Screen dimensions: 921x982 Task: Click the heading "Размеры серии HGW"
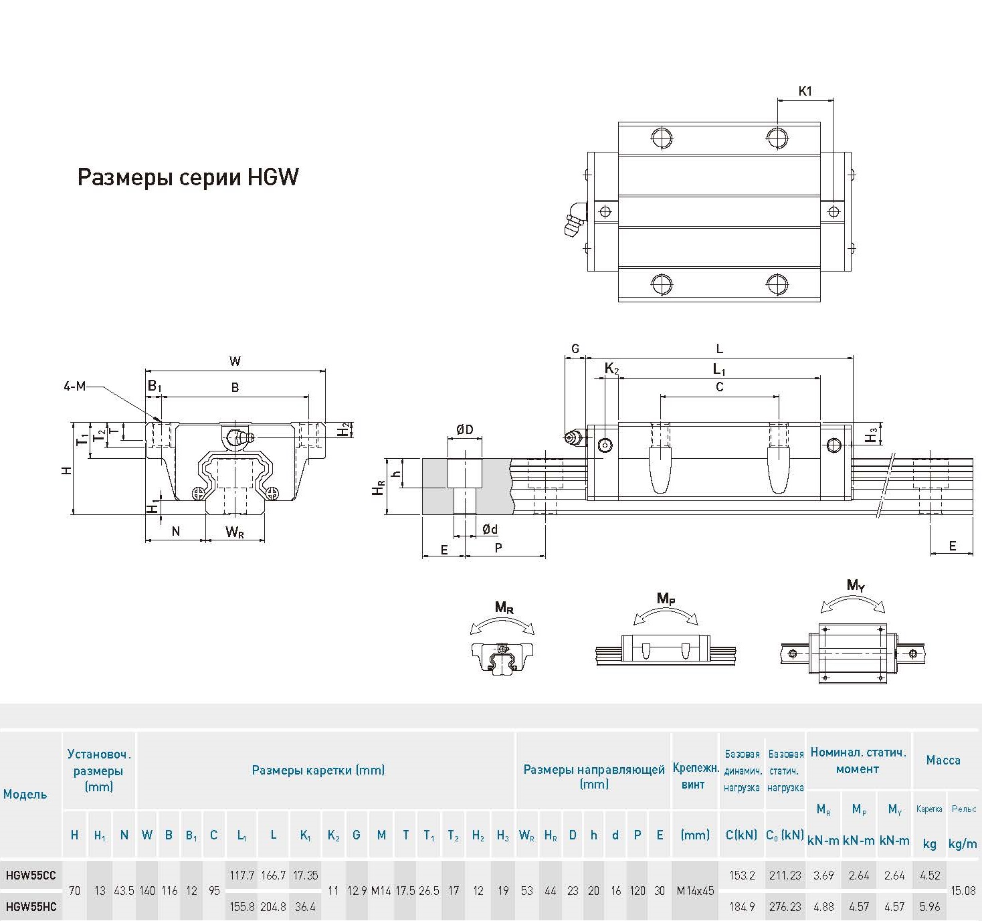coord(188,177)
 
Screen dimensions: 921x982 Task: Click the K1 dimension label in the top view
coord(805,91)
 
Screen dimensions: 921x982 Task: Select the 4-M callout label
coord(74,386)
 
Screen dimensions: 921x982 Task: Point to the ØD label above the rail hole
coord(464,429)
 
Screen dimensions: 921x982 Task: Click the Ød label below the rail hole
coord(490,529)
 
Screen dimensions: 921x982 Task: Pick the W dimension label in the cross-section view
coord(235,361)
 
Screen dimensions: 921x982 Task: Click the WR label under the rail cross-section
coord(235,532)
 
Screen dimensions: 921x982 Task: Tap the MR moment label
coord(504,607)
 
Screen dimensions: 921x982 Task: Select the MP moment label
coord(666,598)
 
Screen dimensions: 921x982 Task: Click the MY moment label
coord(856,586)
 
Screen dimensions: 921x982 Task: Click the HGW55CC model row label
coord(31,875)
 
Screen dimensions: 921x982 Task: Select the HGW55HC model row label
coord(31,907)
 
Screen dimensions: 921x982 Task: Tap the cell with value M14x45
coord(695,891)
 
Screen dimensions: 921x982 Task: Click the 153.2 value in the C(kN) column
coord(742,875)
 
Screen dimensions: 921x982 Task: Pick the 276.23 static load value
coord(785,907)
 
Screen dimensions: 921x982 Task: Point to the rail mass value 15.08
coord(963,891)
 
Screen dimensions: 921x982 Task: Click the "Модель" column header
coord(25,795)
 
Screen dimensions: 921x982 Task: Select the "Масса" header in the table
coord(943,760)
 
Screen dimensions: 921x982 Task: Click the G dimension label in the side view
coord(575,348)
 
